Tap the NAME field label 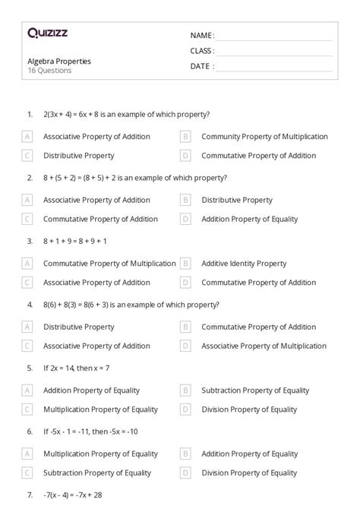(202, 35)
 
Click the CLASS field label (202, 51)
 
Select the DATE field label (202, 66)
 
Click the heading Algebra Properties (59, 62)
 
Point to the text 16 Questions (49, 71)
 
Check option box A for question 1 (27, 137)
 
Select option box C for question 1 (27, 156)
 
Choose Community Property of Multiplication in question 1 (264, 137)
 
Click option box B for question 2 (185, 201)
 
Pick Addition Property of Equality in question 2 (248, 219)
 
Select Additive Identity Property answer (244, 264)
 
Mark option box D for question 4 (185, 346)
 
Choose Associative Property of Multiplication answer (264, 346)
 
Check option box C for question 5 (27, 409)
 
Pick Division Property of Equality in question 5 (248, 409)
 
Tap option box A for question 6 (27, 454)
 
